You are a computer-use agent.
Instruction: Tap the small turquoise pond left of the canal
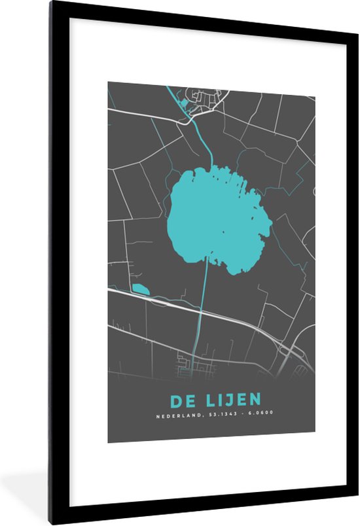pos(139,288)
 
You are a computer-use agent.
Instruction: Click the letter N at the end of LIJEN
pos(256,400)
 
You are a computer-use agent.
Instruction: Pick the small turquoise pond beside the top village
pos(184,103)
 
